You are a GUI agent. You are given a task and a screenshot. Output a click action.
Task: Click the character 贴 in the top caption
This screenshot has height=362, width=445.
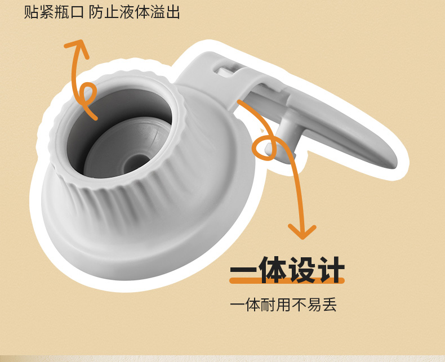(x=31, y=12)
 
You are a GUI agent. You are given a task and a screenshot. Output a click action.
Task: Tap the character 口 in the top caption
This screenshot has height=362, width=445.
(x=76, y=12)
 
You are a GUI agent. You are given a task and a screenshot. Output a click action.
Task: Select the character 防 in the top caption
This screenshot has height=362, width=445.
(x=96, y=12)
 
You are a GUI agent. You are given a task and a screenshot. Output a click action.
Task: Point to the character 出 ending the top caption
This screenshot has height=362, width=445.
(x=172, y=12)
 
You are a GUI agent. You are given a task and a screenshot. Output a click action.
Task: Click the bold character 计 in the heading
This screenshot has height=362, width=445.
(x=331, y=270)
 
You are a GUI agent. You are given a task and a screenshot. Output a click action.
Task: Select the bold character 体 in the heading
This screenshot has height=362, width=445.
(x=273, y=270)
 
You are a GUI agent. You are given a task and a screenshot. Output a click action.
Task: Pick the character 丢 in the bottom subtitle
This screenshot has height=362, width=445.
(x=329, y=305)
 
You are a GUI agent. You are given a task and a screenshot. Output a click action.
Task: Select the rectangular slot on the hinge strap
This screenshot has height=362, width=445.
(x=226, y=70)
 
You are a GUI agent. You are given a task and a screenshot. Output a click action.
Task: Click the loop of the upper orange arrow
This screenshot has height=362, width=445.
(x=87, y=93)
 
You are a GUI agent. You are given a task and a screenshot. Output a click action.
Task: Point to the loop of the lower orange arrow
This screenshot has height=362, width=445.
(x=265, y=148)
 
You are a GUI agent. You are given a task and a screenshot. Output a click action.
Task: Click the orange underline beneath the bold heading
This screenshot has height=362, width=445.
(x=287, y=280)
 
